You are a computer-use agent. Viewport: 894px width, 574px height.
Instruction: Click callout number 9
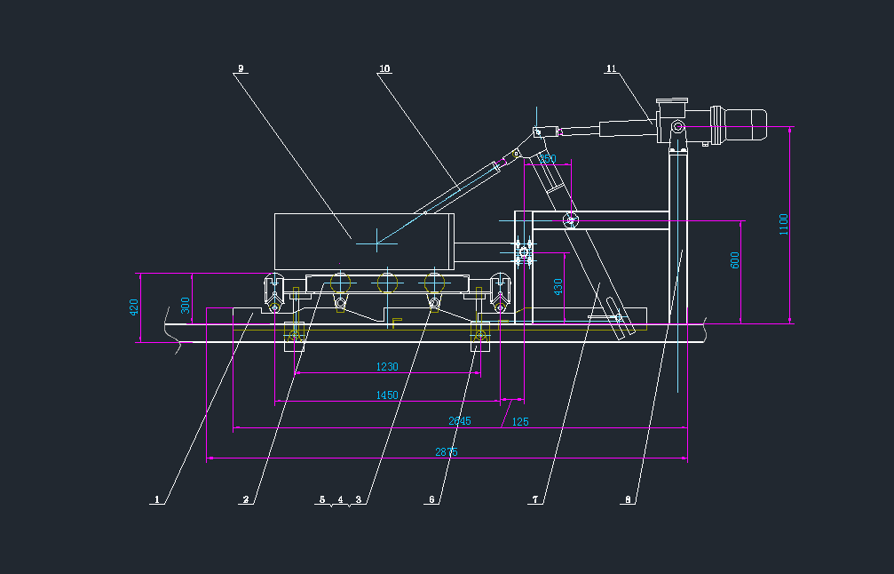[x=241, y=68]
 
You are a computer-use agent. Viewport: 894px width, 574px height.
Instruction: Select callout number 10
[x=384, y=68]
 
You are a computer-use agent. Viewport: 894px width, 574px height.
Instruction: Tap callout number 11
[x=611, y=68]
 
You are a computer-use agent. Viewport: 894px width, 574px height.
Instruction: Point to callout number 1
[x=156, y=499]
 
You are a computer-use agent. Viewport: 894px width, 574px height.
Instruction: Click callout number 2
[x=245, y=499]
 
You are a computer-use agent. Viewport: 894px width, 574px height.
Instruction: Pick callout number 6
[x=432, y=499]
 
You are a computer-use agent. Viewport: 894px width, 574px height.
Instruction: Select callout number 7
[x=535, y=499]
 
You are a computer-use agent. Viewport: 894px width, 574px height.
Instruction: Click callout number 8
[x=629, y=499]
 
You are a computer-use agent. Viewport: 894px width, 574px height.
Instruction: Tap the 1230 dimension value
[x=387, y=366]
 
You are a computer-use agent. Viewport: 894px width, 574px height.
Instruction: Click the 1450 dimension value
[x=387, y=395]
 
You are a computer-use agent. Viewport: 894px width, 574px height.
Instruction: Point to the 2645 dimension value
[x=459, y=420]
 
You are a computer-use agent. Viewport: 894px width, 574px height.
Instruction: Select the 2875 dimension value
[x=447, y=452]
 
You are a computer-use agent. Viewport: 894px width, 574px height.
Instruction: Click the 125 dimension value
[x=520, y=421]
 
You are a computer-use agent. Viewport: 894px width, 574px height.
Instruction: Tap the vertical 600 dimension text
[x=735, y=260]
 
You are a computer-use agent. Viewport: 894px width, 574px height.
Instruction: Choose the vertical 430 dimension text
[x=558, y=287]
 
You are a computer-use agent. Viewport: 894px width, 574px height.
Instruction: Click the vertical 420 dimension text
[x=135, y=307]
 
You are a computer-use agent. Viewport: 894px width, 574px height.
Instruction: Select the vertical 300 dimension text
[x=186, y=305]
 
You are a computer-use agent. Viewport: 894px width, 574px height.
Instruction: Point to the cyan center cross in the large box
[x=377, y=237]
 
